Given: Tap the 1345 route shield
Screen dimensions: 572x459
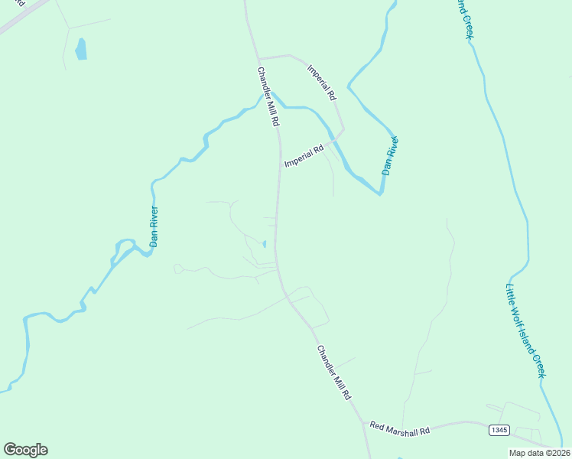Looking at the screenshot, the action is click(499, 431).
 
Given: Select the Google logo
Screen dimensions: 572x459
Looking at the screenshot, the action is click(25, 449).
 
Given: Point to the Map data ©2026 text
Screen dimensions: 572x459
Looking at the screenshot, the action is click(539, 453).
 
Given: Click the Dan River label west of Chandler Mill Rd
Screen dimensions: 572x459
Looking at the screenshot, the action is click(154, 226).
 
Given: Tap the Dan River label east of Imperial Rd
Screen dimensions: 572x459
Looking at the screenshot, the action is click(391, 156).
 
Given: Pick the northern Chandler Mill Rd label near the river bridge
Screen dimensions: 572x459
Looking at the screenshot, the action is click(268, 97).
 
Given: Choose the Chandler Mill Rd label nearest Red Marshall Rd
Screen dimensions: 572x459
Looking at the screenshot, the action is click(333, 373).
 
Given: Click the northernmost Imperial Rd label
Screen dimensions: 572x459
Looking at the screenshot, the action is click(322, 83).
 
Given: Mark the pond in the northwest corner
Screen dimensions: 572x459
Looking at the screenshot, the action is click(80, 50).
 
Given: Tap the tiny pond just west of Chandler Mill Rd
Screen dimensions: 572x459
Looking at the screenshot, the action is click(265, 244).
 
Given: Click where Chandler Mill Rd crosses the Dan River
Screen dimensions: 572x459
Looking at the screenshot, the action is click(275, 99).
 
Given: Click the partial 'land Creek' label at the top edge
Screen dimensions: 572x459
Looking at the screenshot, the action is click(463, 17).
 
